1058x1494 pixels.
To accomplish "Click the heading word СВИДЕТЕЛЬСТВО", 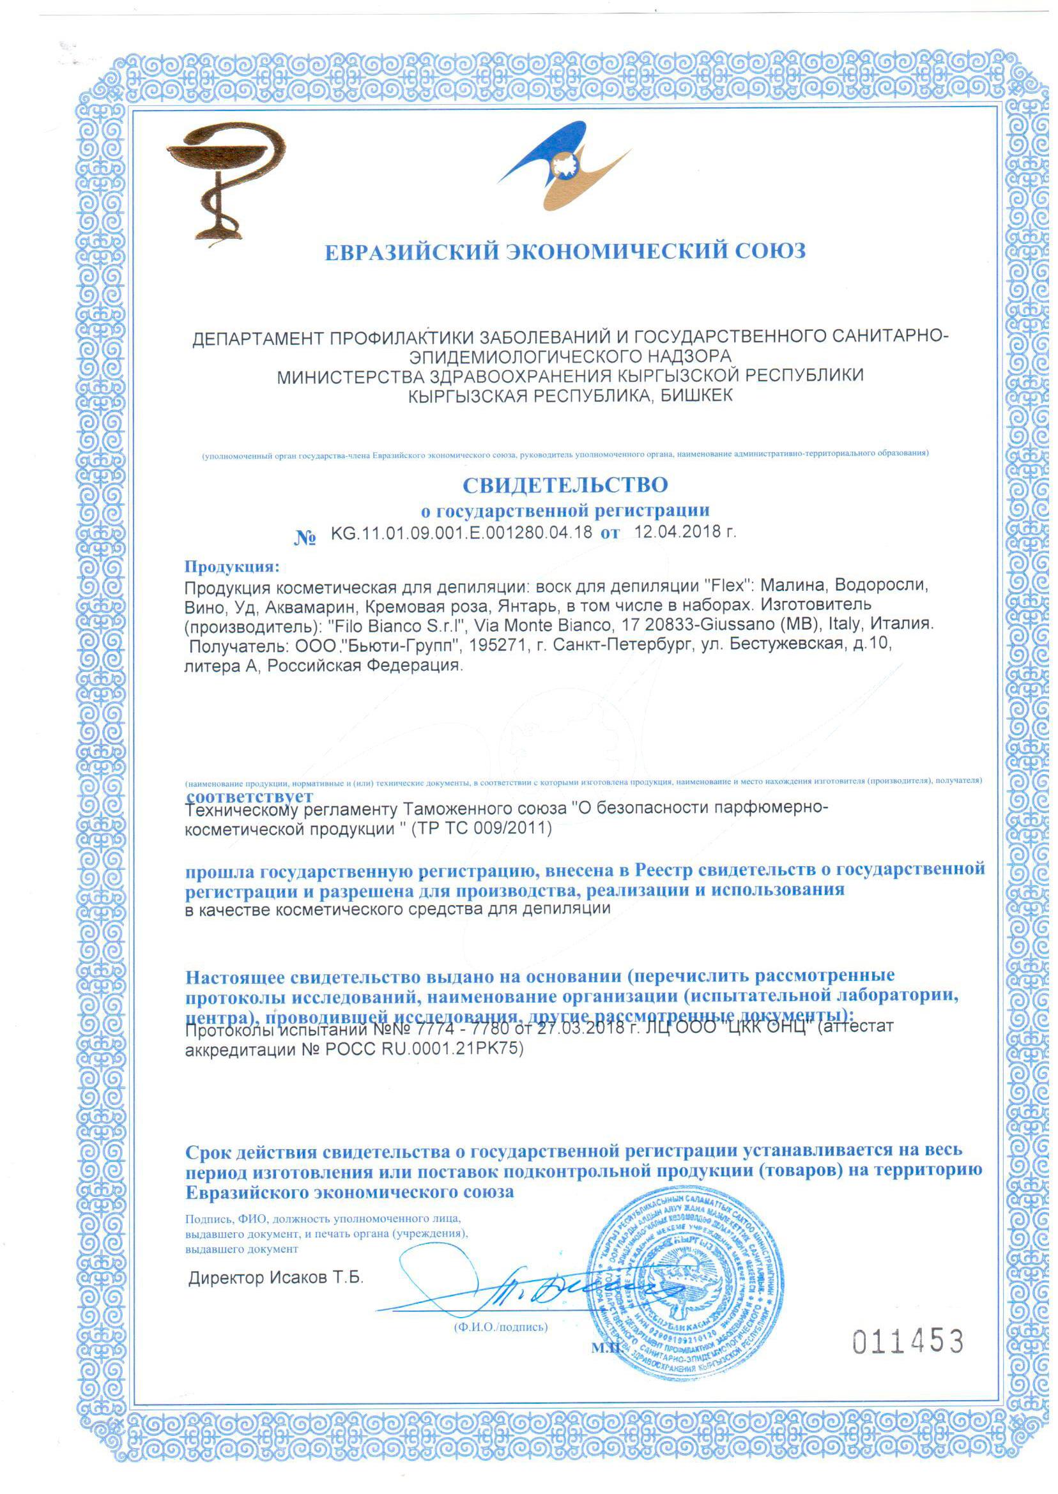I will [x=565, y=485].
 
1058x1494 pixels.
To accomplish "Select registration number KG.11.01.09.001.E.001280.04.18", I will [x=461, y=532].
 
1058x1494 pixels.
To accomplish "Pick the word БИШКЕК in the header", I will [x=696, y=395].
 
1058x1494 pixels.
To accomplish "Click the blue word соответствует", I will [x=250, y=796].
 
